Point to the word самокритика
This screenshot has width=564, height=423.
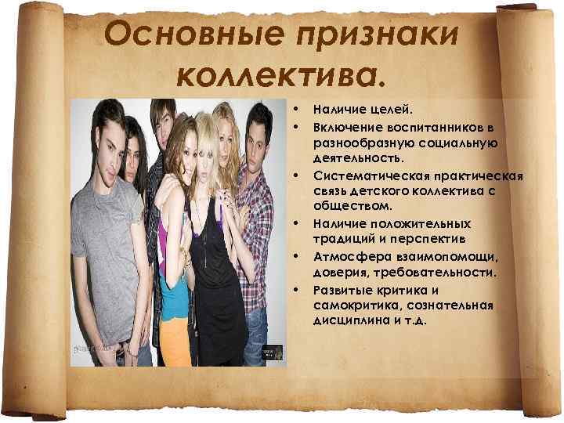tap(355, 305)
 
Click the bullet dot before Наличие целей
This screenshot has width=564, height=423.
tap(296, 111)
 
